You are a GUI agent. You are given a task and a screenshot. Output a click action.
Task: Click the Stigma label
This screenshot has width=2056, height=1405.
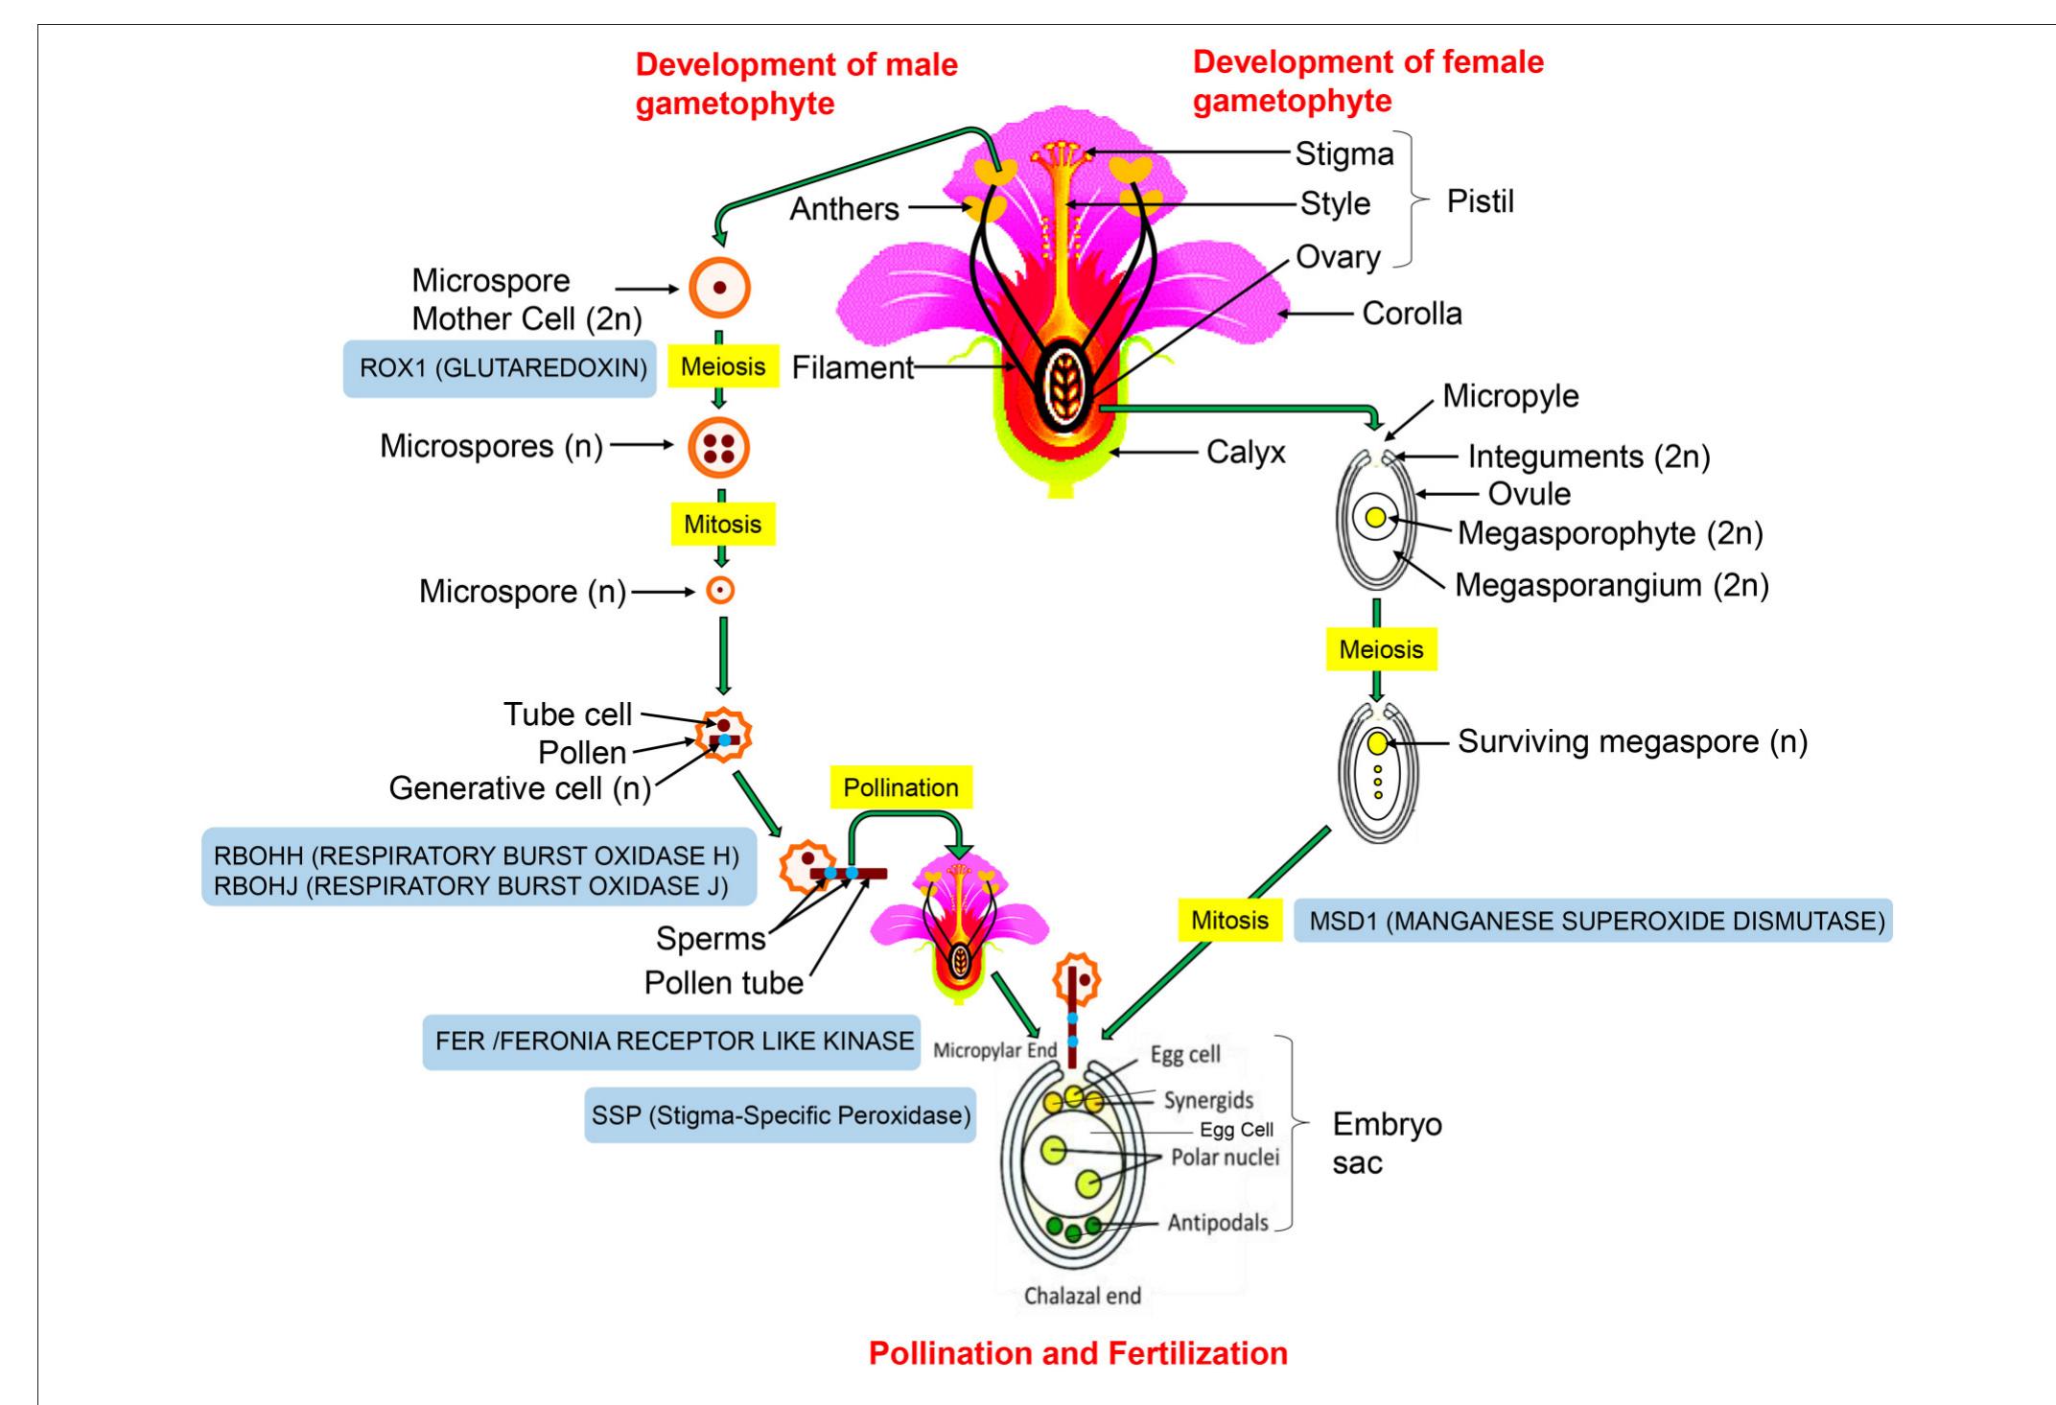pyautogui.click(x=1343, y=153)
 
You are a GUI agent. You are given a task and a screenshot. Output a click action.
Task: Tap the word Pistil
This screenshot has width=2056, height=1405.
pyautogui.click(x=1480, y=202)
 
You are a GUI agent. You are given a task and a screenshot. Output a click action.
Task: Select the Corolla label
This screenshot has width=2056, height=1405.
pyautogui.click(x=1412, y=314)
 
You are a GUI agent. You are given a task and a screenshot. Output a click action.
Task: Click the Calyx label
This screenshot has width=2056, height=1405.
pyautogui.click(x=1245, y=452)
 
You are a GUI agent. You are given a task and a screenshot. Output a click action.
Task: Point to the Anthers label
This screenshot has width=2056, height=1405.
pyautogui.click(x=844, y=208)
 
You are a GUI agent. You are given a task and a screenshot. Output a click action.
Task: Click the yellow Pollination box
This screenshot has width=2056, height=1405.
pyautogui.click(x=900, y=787)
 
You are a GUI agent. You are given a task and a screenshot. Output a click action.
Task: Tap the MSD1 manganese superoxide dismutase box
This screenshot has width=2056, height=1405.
pyautogui.click(x=1593, y=921)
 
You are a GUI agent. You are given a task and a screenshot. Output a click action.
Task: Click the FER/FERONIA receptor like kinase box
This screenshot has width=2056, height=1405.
pyautogui.click(x=671, y=1042)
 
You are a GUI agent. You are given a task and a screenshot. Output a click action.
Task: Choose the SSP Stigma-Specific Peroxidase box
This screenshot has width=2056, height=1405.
pyautogui.click(x=780, y=1115)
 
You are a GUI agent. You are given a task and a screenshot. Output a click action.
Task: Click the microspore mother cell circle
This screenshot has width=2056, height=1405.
pyautogui.click(x=719, y=287)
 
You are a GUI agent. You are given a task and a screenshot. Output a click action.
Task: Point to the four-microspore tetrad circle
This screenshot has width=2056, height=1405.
pyautogui.click(x=719, y=448)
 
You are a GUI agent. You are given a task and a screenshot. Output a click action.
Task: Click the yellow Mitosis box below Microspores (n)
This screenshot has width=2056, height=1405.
pyautogui.click(x=722, y=525)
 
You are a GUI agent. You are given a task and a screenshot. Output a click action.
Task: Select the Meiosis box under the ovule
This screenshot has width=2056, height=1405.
pyautogui.click(x=1381, y=649)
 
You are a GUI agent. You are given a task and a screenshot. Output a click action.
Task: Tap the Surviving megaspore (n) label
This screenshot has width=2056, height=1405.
pyautogui.click(x=1632, y=741)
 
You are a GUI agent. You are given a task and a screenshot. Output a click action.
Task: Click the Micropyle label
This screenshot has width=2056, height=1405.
pyautogui.click(x=1510, y=396)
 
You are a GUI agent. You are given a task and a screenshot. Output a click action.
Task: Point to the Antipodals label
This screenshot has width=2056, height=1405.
pyautogui.click(x=1217, y=1223)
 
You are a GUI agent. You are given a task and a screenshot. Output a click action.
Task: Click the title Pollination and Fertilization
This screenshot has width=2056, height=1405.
pyautogui.click(x=1078, y=1353)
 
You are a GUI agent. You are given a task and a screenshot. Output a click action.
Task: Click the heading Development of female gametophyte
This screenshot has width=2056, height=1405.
pyautogui.click(x=1367, y=82)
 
